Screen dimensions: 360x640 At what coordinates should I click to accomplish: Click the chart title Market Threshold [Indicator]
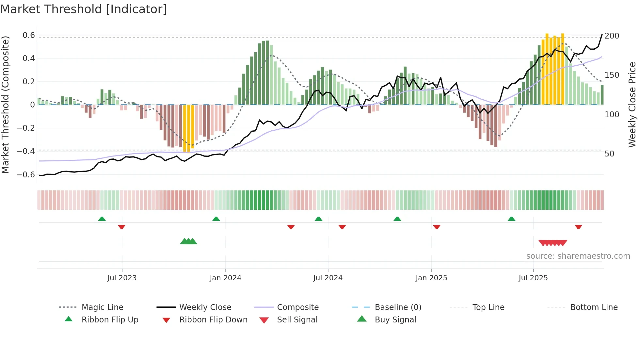pos(84,9)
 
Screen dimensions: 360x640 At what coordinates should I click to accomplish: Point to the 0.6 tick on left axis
pos(28,35)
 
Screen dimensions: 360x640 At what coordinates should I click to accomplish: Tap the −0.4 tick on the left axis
pos(26,151)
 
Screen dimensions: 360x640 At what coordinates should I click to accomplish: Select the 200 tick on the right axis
pos(612,36)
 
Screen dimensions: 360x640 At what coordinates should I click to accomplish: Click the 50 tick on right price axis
pos(609,154)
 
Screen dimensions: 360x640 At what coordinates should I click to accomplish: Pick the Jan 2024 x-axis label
pos(225,278)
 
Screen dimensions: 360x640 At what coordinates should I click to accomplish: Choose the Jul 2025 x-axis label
pos(533,278)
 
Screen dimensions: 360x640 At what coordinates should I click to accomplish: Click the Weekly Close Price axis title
pos(632,105)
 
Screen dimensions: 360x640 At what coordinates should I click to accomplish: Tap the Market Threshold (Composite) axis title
pos(5,105)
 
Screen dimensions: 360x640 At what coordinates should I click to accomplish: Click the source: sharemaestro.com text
pos(578,256)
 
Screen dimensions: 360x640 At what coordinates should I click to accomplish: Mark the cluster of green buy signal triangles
pos(188,241)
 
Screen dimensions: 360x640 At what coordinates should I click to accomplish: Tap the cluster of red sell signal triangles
pos(552,243)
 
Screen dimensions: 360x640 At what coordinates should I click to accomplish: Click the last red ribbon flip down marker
pos(578,227)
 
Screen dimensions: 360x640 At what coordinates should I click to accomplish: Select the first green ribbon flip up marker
pos(102,219)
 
